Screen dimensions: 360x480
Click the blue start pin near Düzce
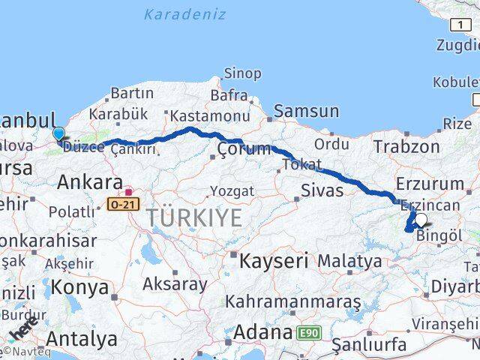59,133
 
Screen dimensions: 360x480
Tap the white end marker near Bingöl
421,220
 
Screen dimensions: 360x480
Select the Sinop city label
242,73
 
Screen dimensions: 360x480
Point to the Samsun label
306,112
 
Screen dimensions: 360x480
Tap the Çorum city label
244,149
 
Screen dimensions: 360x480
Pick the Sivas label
322,190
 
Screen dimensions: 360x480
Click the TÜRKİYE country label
193,217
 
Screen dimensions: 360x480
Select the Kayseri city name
274,261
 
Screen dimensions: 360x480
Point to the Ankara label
90,181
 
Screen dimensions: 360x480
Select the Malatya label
349,261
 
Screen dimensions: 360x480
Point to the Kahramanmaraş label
293,301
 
